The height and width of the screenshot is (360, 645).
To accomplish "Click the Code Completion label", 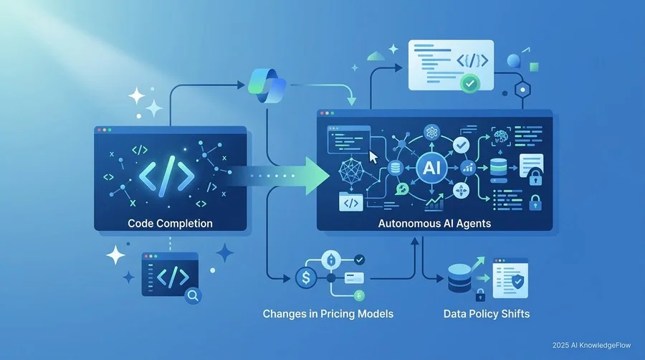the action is click(x=170, y=224).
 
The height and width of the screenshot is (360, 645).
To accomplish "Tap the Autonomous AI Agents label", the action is click(x=434, y=224).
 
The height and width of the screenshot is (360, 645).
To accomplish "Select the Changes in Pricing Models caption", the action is click(x=328, y=314).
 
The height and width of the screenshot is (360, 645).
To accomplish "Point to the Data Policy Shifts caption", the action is click(x=486, y=314).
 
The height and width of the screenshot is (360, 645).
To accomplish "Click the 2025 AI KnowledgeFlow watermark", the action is click(x=591, y=345).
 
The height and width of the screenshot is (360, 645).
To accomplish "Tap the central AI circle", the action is click(x=431, y=168).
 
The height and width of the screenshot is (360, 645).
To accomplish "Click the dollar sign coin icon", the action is click(x=306, y=278).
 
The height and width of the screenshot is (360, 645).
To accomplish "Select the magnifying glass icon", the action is click(x=193, y=295).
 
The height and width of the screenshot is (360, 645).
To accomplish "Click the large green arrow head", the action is click(x=317, y=176).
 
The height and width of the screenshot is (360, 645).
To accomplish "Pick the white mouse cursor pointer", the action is click(x=373, y=158).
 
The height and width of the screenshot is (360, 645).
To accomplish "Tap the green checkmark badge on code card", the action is click(x=469, y=83).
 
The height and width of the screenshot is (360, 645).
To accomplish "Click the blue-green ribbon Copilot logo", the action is click(x=267, y=85).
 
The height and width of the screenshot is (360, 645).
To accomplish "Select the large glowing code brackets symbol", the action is click(x=166, y=174).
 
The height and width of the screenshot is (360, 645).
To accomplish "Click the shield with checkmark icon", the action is click(x=517, y=282).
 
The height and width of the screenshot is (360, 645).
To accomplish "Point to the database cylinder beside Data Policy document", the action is click(x=459, y=278).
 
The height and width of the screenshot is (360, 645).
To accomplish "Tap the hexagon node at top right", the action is click(x=522, y=89).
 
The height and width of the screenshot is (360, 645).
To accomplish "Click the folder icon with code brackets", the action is click(x=351, y=202).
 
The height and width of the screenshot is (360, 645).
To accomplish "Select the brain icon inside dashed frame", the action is click(x=501, y=136).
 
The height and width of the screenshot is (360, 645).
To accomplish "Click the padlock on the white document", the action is click(x=535, y=177).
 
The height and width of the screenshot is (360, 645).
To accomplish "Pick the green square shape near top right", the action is click(x=534, y=67).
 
